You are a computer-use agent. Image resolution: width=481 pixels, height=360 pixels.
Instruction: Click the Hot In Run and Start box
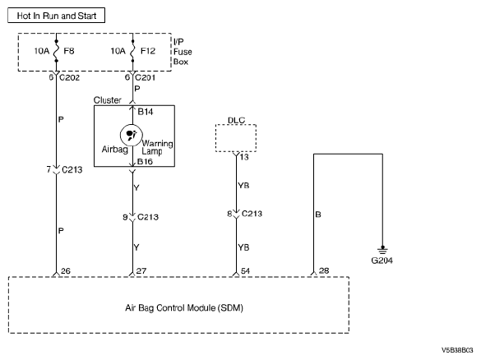pyautogui.click(x=56, y=16)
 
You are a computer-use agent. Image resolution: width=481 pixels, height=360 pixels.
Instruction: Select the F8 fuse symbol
pyautogui.click(x=56, y=51)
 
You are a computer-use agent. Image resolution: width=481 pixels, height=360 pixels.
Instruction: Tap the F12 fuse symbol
pyautogui.click(x=132, y=51)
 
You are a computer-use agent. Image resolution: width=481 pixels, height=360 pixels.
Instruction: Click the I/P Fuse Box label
pyautogui.click(x=183, y=52)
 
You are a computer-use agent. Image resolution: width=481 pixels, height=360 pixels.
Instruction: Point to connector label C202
pyautogui.click(x=69, y=77)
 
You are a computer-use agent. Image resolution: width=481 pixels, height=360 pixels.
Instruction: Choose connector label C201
pyautogui.click(x=145, y=77)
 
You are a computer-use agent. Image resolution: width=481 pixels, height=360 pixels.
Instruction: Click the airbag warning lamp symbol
pyautogui.click(x=132, y=135)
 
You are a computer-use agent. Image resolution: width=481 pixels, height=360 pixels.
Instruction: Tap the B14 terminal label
pyautogui.click(x=146, y=112)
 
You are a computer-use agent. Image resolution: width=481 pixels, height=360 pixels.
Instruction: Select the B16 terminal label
pyautogui.click(x=145, y=162)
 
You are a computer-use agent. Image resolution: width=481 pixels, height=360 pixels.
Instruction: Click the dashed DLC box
pyautogui.click(x=236, y=138)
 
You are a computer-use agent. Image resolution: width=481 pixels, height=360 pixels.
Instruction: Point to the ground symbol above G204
pyautogui.click(x=382, y=250)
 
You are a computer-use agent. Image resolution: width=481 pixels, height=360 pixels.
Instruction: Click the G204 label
pyautogui.click(x=382, y=261)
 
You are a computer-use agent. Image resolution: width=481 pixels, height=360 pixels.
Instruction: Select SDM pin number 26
pyautogui.click(x=66, y=271)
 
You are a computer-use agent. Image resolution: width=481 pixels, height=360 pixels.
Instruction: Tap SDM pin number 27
pyautogui.click(x=141, y=271)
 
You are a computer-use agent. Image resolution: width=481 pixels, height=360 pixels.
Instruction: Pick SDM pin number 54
pyautogui.click(x=245, y=271)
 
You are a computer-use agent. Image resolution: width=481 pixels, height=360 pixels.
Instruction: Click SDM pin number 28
pyautogui.click(x=324, y=270)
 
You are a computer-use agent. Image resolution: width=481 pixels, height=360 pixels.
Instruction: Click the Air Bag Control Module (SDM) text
pyautogui.click(x=184, y=308)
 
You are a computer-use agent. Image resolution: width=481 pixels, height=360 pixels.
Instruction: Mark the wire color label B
pyautogui.click(x=318, y=215)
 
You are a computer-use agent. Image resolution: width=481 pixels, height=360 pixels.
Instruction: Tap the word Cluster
pyautogui.click(x=108, y=100)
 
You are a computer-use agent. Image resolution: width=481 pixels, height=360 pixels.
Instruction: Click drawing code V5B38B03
pyautogui.click(x=457, y=350)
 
